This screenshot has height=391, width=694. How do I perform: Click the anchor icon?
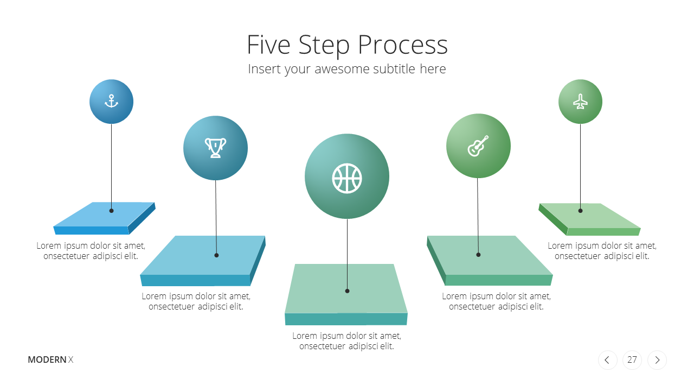(x=111, y=101)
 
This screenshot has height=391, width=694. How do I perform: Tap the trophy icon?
(x=215, y=148)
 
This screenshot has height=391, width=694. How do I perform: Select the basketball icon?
(x=347, y=179)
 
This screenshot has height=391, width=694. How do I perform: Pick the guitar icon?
(x=478, y=146)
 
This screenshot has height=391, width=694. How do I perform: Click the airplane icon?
(x=580, y=102)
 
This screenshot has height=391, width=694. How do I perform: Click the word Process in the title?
(x=403, y=45)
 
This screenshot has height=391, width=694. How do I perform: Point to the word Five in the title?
(x=268, y=45)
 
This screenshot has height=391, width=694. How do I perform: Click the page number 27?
(x=632, y=360)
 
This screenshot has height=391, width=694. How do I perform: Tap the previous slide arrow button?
(x=608, y=360)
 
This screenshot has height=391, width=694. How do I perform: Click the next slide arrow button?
(x=657, y=360)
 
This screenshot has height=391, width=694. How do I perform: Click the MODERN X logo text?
(x=50, y=360)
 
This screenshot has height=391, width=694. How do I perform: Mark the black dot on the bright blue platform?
(x=112, y=211)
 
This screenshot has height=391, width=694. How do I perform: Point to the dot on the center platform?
(x=348, y=291)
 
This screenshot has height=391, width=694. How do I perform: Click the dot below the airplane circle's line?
(x=580, y=211)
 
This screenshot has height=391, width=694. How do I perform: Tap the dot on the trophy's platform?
(x=216, y=255)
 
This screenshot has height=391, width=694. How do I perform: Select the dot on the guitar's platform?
(x=478, y=255)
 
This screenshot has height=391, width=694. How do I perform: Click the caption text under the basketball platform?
(x=346, y=340)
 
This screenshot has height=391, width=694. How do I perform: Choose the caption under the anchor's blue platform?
(x=91, y=251)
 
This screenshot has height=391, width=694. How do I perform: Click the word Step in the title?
(x=324, y=46)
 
